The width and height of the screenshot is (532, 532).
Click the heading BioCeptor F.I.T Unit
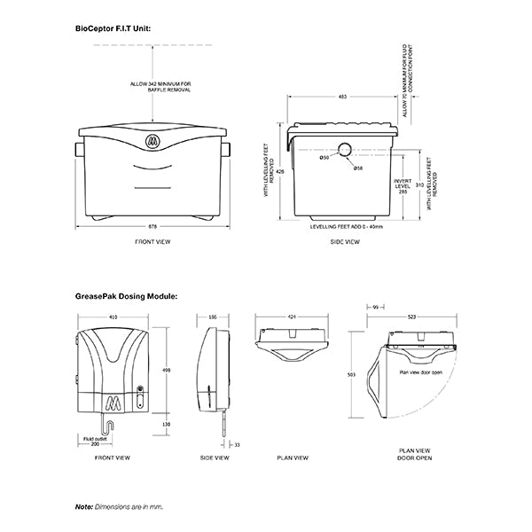pos(113,29)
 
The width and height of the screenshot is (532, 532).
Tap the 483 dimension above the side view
pos(341,96)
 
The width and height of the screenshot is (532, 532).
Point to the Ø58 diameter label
pos(357,168)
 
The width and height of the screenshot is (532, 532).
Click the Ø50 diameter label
pos(325,158)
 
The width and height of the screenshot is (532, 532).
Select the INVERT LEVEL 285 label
pos(402,184)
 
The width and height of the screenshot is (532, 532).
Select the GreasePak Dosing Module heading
pos(127,296)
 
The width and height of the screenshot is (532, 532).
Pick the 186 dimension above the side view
pos(213,316)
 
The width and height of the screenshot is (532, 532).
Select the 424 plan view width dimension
pos(293,316)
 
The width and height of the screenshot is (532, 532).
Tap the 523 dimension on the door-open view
pos(413,316)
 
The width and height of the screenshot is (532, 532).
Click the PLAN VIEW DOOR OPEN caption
pos(413,463)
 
